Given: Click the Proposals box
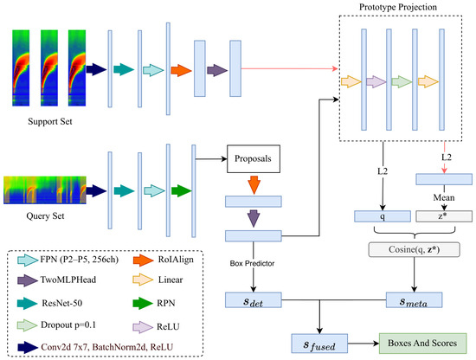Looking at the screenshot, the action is tap(254, 158).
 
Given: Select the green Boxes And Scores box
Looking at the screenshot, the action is tap(422, 344).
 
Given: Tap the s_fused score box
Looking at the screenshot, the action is tap(319, 344).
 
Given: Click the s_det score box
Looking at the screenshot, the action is tap(254, 300).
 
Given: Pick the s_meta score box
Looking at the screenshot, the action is tap(414, 300).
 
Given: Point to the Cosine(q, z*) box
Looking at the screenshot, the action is tap(414, 249).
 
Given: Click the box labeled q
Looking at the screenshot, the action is tap(383, 216).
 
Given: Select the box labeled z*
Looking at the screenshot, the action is tap(444, 216).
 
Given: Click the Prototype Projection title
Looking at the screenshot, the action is tap(398, 7).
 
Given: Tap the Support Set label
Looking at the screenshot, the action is tap(50, 121).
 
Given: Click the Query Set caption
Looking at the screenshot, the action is tap(45, 216).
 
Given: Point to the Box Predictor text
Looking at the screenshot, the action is tap(252, 263).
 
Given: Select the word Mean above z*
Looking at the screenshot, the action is tap(444, 197).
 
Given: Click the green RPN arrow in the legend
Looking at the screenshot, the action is tap(143, 303).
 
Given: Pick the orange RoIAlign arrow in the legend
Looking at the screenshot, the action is tap(143, 260).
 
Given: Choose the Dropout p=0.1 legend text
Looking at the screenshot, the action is tap(68, 325).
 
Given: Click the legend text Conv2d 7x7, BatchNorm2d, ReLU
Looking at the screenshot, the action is tap(106, 347).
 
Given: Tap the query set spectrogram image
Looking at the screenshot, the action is tap(45, 190).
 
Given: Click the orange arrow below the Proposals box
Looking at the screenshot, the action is tap(254, 185).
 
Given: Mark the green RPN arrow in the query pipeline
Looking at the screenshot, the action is tap(182, 191).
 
